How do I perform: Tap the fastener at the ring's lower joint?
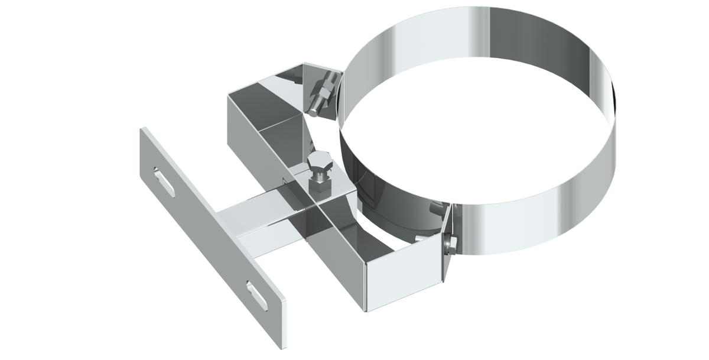[x=450, y=241]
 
